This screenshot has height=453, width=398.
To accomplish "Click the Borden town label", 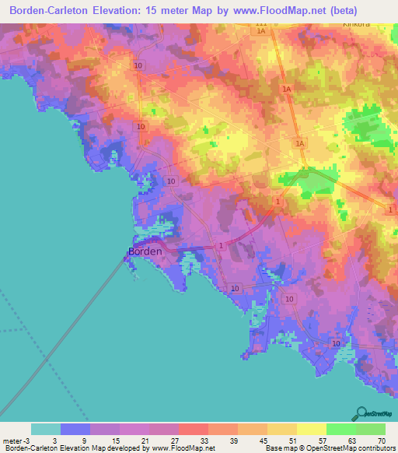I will coord(145,251).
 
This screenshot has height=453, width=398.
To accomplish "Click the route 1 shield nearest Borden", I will coord(222,246).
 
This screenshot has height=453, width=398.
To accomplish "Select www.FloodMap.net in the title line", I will coord(295,12).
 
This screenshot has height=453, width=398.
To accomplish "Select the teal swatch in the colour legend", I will coord(45,429).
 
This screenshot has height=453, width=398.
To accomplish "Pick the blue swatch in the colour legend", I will coord(75,429).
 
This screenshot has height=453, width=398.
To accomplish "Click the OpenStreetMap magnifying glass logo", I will coord(361,413).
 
